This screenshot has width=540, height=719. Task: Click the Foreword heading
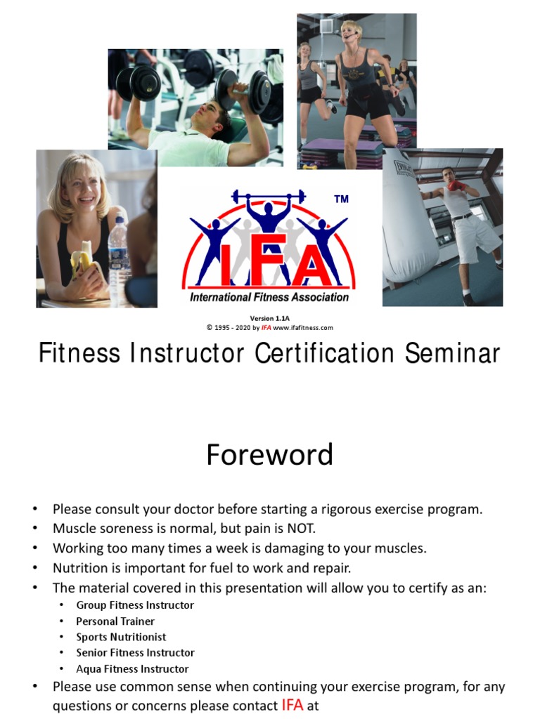point(269,454)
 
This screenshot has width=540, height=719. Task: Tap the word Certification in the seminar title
point(324,353)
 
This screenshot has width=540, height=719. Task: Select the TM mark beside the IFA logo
point(341,199)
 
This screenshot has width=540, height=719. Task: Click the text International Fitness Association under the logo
point(269,297)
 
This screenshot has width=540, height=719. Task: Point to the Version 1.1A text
point(269,318)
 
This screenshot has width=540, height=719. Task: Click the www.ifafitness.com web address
point(303,328)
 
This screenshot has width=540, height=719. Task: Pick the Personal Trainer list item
point(115,621)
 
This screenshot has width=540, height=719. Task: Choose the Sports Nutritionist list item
point(121,637)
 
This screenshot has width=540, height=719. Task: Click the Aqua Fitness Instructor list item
point(132,669)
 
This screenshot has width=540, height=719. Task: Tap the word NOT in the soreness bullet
point(301,529)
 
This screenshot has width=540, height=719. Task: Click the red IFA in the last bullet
point(292,705)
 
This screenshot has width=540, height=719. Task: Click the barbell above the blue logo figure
point(268,197)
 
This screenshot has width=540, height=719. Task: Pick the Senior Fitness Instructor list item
point(136,652)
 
